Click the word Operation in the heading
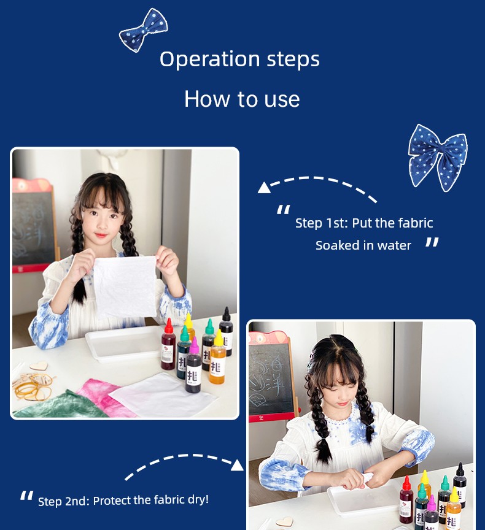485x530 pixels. point(210,60)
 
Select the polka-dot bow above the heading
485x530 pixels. point(144,30)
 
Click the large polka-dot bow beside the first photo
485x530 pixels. point(438,157)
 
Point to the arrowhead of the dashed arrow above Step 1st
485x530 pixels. point(264,188)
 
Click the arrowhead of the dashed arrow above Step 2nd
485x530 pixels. point(237,465)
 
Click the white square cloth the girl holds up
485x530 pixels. point(125,286)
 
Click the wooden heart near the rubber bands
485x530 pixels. point(38,366)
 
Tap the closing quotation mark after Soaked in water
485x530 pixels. point(432,242)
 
